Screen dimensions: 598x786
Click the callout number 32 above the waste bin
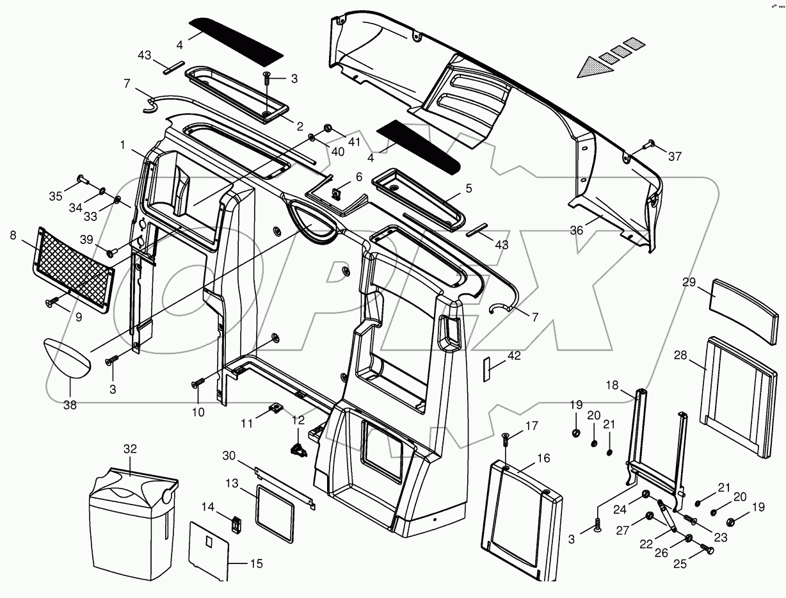tap(130, 449)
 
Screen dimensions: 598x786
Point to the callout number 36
tap(577, 230)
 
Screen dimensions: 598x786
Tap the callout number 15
tap(255, 564)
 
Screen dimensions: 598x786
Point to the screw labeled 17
tap(505, 440)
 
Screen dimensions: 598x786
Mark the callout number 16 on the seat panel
tap(543, 458)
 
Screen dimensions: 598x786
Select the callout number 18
tap(612, 385)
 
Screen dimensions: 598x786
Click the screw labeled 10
tap(196, 384)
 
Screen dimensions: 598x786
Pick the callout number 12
tap(298, 420)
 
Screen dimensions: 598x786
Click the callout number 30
tap(229, 456)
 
